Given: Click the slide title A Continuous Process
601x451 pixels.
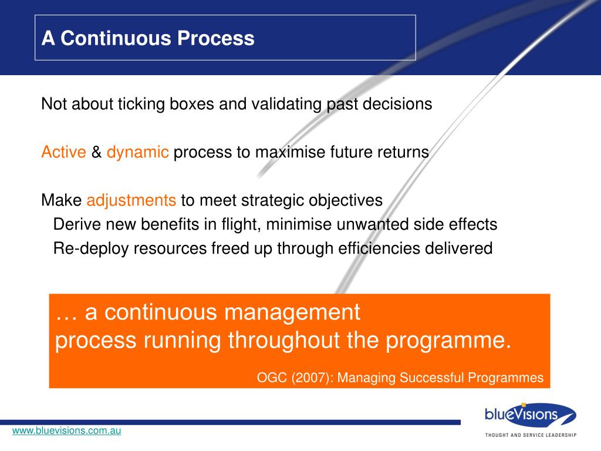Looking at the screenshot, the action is coord(148,38).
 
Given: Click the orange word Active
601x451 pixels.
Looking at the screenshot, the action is coord(63,152).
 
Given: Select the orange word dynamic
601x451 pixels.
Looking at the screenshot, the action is coord(137,152).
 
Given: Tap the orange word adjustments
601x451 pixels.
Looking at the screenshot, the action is coord(131,201).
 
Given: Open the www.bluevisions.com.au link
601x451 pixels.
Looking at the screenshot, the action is coord(67,430).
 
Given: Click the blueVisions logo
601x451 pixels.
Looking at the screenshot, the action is coord(531,414).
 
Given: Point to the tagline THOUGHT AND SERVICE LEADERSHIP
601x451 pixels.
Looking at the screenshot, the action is coord(531,435).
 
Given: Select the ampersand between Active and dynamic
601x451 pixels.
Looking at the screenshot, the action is coord(96,152).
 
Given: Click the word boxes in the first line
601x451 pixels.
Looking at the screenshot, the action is coord(192,104).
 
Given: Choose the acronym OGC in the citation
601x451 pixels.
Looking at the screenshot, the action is coord(272,378).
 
